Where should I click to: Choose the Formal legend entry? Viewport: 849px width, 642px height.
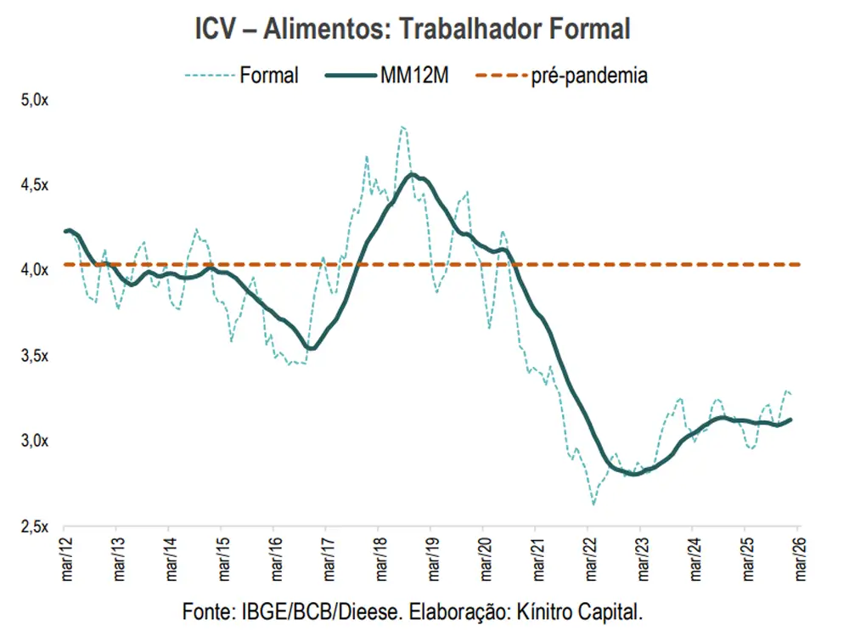(x=268, y=75)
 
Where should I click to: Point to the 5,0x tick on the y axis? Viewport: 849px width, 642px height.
(x=36, y=100)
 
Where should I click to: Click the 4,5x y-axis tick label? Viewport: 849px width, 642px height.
(x=36, y=185)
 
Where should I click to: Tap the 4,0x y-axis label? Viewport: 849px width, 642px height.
(x=36, y=270)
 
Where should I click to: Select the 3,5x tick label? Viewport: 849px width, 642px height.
(x=36, y=355)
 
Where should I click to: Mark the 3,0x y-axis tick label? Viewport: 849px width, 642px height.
(x=36, y=440)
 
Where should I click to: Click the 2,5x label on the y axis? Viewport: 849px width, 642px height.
(x=36, y=526)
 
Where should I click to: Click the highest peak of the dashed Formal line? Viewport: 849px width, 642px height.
(x=402, y=127)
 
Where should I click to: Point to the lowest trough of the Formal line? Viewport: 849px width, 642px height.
(x=593, y=504)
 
